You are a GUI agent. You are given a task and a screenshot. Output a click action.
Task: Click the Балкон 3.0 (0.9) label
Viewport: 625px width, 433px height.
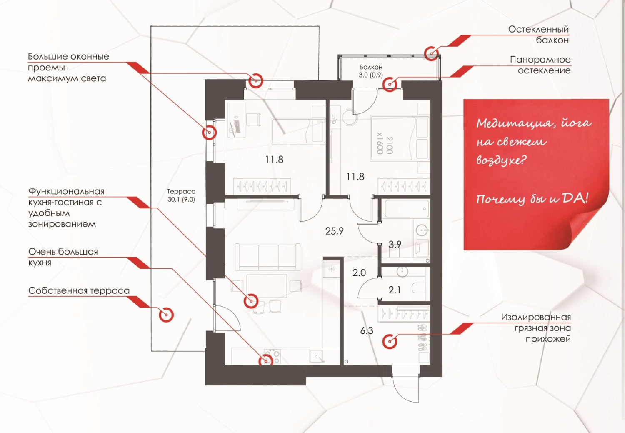[371, 71]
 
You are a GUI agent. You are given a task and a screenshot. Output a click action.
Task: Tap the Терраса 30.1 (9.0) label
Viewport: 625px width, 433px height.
[181, 195]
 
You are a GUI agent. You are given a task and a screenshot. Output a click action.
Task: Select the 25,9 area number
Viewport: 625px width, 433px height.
[334, 231]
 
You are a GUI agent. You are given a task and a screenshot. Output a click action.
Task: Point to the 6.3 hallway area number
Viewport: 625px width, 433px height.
[367, 331]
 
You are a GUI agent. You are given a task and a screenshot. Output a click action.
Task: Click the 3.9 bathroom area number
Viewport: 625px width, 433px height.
[395, 245]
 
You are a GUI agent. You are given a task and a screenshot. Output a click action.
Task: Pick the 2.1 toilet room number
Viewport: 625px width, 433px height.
[394, 290]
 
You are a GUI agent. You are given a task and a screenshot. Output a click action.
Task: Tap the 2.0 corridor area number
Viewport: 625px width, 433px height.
[359, 273]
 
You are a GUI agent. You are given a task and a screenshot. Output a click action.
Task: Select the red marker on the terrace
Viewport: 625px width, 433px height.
[166, 315]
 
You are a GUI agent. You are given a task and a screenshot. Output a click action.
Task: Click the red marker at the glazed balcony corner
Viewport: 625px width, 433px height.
[431, 53]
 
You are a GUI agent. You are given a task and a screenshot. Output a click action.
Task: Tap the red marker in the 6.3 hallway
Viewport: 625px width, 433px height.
[390, 341]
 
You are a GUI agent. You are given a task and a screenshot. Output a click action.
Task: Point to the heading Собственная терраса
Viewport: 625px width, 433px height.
[79, 291]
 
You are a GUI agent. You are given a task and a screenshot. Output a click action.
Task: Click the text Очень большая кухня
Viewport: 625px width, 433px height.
[63, 257]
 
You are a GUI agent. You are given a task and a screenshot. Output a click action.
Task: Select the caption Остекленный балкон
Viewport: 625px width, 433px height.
[538, 35]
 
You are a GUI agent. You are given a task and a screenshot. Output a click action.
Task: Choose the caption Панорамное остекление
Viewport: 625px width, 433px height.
[540, 65]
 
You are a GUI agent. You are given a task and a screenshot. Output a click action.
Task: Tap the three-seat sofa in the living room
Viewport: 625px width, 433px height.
[267, 257]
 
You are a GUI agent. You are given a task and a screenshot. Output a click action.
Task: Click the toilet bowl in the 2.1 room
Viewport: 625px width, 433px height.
[418, 288]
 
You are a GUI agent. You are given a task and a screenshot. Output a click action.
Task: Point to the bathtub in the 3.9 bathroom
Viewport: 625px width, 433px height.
[406, 208]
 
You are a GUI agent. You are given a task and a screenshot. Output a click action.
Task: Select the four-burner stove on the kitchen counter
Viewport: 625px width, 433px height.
[272, 356]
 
